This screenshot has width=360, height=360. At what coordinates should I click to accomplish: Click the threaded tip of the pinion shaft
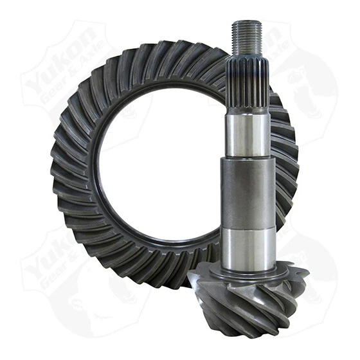pos(248,39)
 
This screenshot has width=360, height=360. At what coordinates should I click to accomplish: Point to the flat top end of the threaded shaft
pos(248,22)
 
